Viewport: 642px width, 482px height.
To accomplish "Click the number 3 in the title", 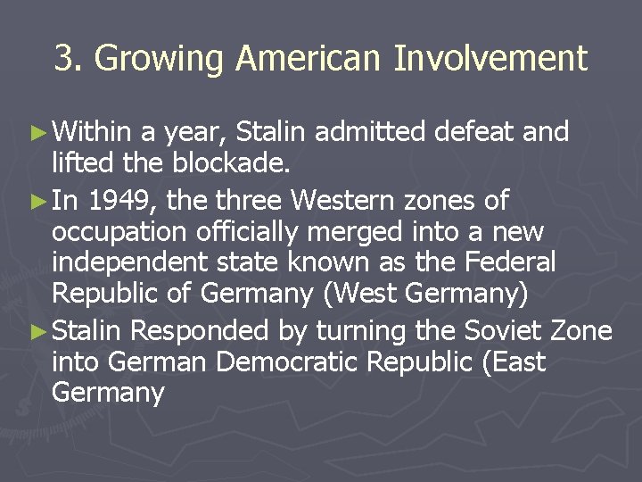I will [x=64, y=59].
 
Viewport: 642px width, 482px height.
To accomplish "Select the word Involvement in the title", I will [x=491, y=59].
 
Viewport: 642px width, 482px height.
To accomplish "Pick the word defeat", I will [x=475, y=133].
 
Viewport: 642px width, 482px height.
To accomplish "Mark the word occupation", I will [x=117, y=232].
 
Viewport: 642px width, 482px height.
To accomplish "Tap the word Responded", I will [x=199, y=332].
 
